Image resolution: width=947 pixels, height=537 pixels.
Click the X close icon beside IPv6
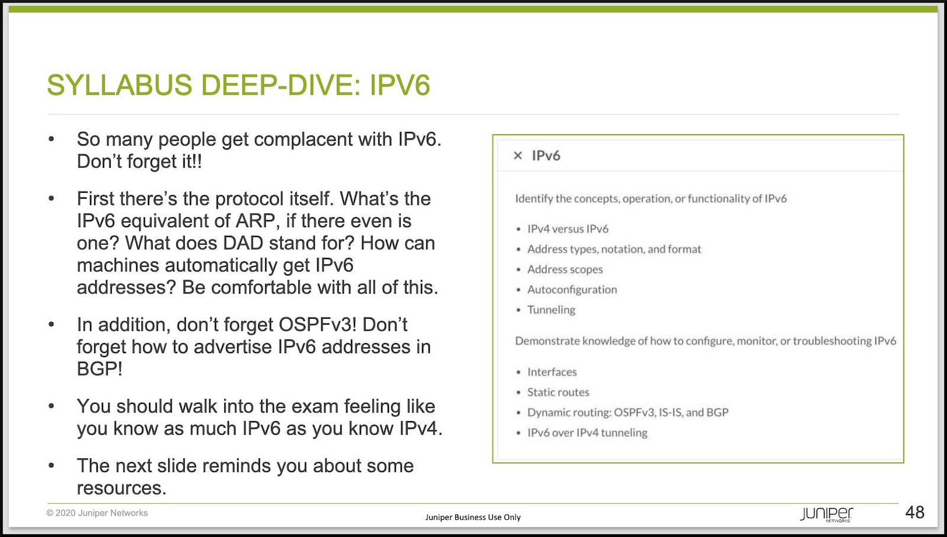point(517,156)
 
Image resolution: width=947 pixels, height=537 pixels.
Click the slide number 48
point(915,512)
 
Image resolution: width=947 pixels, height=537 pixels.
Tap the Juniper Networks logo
point(826,514)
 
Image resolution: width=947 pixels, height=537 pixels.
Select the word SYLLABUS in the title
point(120,85)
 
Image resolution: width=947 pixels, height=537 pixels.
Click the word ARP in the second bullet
point(257,221)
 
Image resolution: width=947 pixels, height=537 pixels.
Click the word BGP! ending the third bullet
point(100,369)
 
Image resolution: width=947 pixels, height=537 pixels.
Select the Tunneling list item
point(551,310)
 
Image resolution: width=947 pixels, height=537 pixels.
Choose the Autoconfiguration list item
point(572,289)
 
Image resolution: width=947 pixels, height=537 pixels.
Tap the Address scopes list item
point(565,269)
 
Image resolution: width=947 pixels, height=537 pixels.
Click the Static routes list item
point(558,392)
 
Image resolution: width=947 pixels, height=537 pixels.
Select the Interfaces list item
point(552,372)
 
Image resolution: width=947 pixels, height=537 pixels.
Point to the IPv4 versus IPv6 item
point(568,228)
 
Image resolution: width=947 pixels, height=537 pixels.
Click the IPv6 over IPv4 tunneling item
point(587,433)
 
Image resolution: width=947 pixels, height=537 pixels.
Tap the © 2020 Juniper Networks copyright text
point(97,513)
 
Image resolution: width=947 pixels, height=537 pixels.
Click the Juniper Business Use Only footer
point(473,517)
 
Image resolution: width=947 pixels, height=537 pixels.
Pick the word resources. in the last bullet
point(122,488)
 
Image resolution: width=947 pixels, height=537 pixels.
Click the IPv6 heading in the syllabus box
point(546,156)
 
